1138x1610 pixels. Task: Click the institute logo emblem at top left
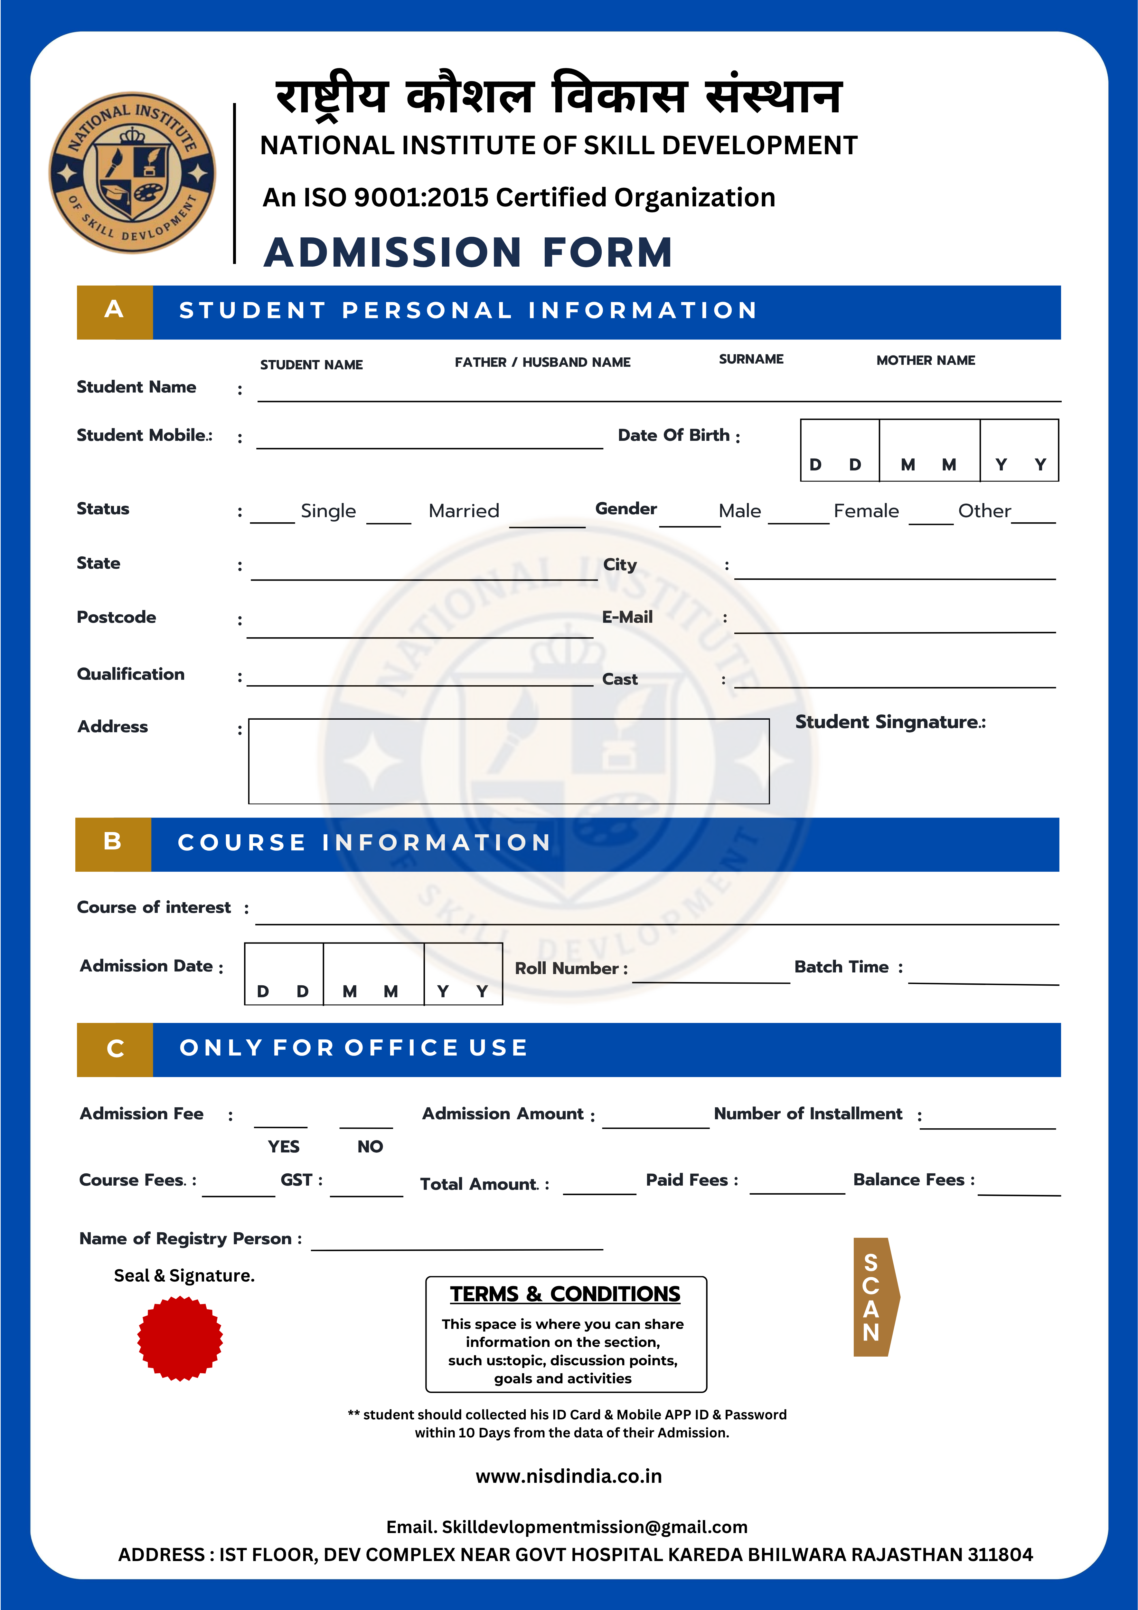(x=132, y=173)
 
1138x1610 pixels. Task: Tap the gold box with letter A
(x=114, y=312)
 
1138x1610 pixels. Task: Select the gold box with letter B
(x=113, y=844)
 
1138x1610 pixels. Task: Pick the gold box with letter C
(x=115, y=1050)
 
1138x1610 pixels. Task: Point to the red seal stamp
(x=180, y=1338)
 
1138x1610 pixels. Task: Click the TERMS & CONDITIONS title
(x=565, y=1294)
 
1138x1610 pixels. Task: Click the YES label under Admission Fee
(x=283, y=1147)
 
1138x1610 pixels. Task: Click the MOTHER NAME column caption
(x=926, y=360)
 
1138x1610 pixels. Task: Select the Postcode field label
(x=117, y=617)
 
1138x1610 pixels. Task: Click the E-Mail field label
(x=627, y=617)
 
